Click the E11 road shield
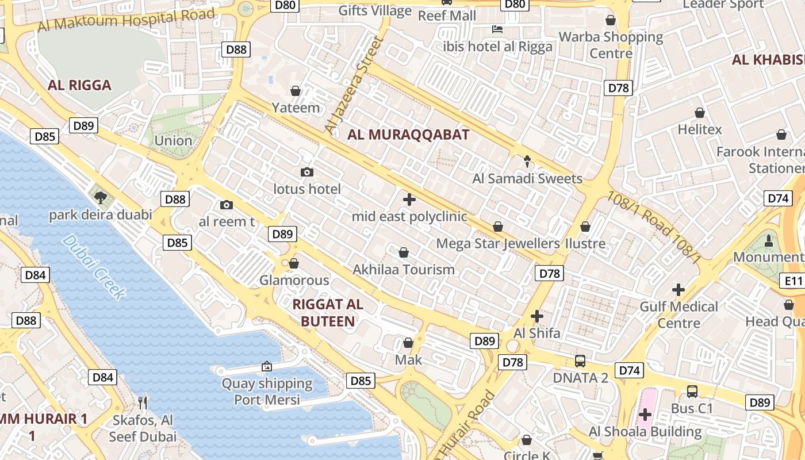point(793,281)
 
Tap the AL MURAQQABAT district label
point(408,135)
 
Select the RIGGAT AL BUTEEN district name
point(328,313)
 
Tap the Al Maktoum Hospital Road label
point(126,20)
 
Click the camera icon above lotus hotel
point(307,172)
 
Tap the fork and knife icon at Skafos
point(143,402)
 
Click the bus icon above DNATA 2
point(580,361)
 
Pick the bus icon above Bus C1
point(692,392)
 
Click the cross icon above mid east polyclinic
point(409,200)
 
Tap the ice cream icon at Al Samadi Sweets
point(527,162)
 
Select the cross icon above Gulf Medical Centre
point(678,289)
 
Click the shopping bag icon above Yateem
point(296,91)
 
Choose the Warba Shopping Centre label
point(611,45)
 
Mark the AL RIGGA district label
point(79,85)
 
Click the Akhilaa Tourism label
point(404,270)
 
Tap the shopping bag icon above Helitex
point(700,113)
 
